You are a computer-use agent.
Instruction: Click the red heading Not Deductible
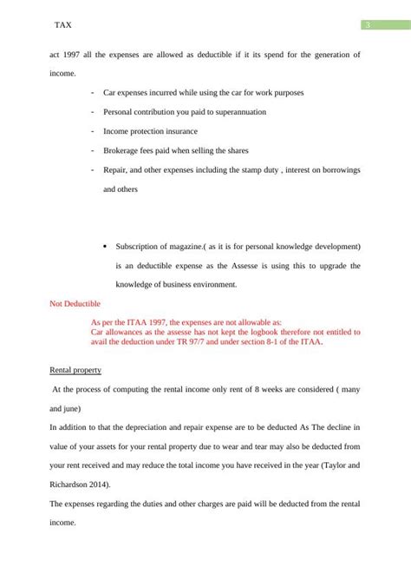click(x=75, y=304)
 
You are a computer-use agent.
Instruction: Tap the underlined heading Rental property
click(x=76, y=371)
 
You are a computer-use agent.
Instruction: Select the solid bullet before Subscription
click(x=104, y=246)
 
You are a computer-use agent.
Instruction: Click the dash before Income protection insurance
click(x=92, y=131)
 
